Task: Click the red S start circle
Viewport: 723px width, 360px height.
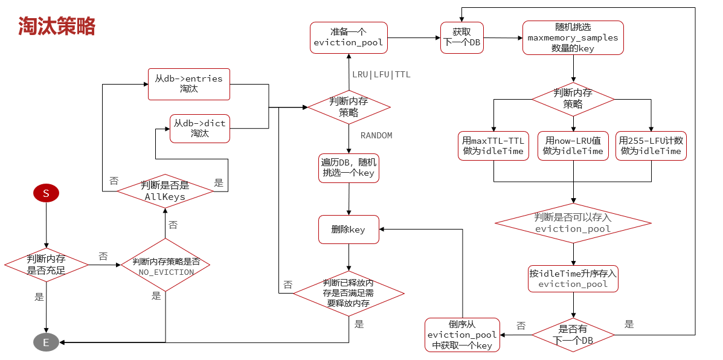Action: pyautogui.click(x=46, y=193)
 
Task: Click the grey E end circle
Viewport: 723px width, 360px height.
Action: pyautogui.click(x=46, y=342)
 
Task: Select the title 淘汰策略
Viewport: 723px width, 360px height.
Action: pyautogui.click(x=56, y=26)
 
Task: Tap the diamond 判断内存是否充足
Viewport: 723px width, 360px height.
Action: pyautogui.click(x=46, y=265)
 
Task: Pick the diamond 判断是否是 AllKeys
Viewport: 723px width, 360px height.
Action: pyautogui.click(x=165, y=191)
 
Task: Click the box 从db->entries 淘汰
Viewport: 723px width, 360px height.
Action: pyautogui.click(x=188, y=83)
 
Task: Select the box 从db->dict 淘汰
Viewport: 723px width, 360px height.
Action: pyautogui.click(x=199, y=128)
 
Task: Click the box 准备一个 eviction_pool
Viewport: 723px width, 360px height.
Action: pyautogui.click(x=349, y=37)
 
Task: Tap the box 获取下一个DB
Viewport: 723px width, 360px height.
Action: pyautogui.click(x=461, y=37)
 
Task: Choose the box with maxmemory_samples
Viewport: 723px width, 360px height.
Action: pyautogui.click(x=573, y=37)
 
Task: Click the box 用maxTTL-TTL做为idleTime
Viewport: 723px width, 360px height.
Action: pyautogui.click(x=493, y=146)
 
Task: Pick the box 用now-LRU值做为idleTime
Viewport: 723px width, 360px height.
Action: pyautogui.click(x=573, y=146)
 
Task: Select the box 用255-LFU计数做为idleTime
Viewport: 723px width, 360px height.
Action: pyautogui.click(x=651, y=146)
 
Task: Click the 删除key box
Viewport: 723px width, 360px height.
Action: pyautogui.click(x=349, y=230)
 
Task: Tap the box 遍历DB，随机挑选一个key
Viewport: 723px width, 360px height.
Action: pyautogui.click(x=349, y=167)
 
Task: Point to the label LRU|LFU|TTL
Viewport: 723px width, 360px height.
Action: pyautogui.click(x=381, y=74)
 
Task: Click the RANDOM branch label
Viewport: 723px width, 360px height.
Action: pyautogui.click(x=376, y=135)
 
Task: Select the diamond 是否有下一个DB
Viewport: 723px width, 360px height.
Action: pyautogui.click(x=573, y=335)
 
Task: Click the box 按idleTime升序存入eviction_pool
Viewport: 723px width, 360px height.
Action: pyautogui.click(x=573, y=278)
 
